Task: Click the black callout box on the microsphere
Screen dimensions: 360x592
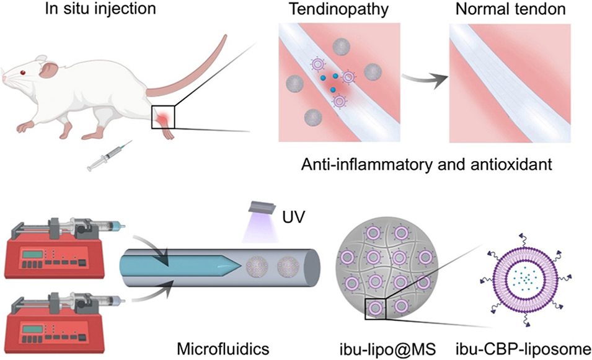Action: point(376,307)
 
